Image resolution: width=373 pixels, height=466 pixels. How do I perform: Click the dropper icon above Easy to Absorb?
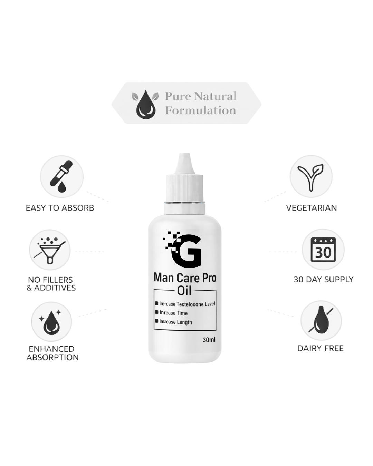coord(61,176)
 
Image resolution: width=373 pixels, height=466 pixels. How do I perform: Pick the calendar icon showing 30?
coord(323,250)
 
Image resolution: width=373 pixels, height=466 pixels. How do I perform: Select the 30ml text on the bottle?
coord(209,340)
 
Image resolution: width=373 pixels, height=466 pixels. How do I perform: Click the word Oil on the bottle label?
coord(184,291)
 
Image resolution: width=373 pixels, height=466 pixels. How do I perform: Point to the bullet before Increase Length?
coord(156,321)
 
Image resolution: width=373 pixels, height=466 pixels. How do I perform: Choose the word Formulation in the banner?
coord(200,110)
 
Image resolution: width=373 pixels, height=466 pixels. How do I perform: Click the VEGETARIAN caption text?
coord(312,208)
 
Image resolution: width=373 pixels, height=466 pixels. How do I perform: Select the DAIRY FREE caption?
coord(321,348)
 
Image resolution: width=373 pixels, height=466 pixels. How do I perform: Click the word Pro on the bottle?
coord(209,278)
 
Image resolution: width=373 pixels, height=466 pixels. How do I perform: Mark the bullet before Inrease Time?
coord(156,312)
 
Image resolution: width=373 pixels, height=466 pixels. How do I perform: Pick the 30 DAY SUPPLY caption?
coord(323,279)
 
